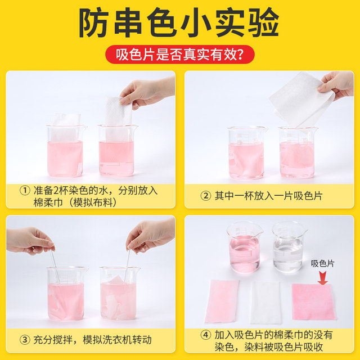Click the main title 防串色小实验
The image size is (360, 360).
pos(179,24)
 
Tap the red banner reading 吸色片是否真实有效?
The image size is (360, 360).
pos(179,55)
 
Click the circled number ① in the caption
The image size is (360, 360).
pos(25,190)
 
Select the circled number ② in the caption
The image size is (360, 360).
pos(205,196)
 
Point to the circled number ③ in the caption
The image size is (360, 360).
pos(25,339)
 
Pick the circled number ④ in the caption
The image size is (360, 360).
pos(205,334)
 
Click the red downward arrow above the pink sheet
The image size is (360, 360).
pos(323,276)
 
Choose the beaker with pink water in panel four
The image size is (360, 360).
pos(245,247)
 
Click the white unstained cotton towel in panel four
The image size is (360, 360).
pos(265,301)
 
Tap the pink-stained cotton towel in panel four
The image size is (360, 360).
pos(222,301)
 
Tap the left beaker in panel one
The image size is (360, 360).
pos(65,151)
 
